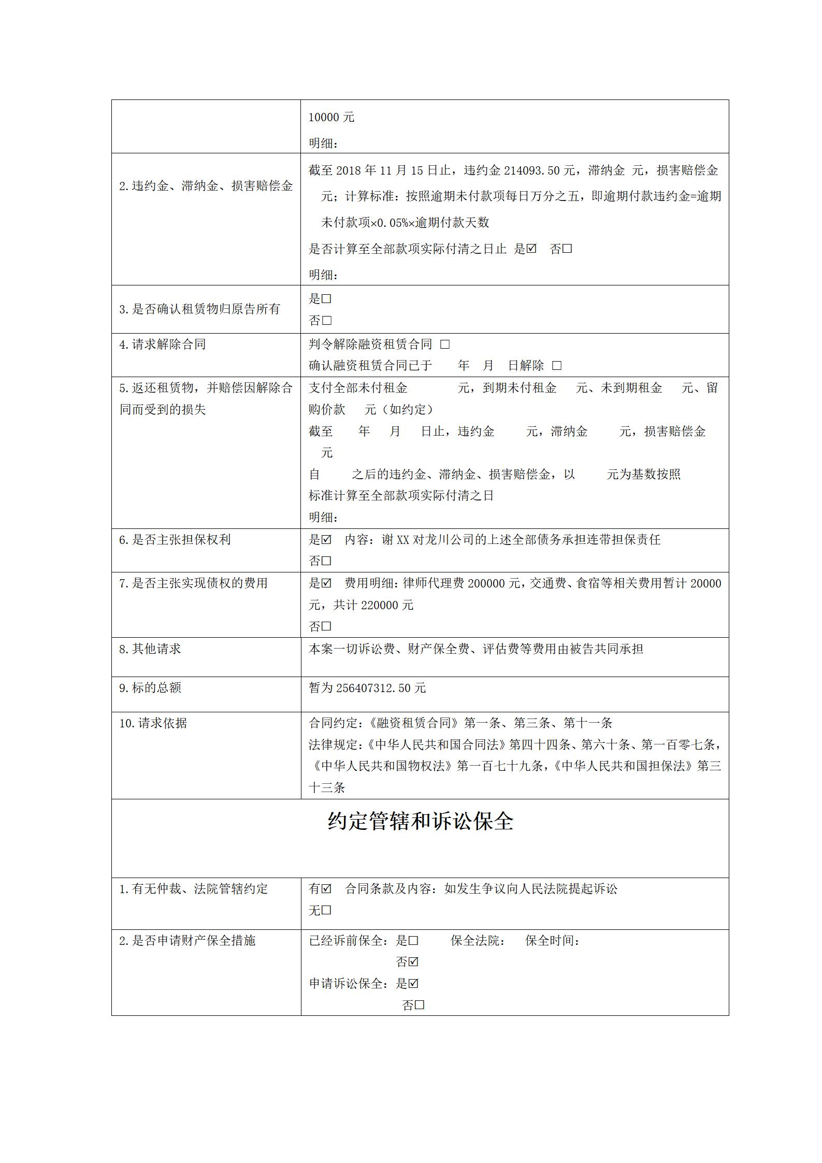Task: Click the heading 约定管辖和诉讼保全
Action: tap(420, 821)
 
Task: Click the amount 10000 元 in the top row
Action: tap(331, 118)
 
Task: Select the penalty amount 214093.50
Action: tap(532, 170)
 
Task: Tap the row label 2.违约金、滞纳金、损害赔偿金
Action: tap(206, 186)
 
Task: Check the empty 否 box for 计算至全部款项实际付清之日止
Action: tap(567, 249)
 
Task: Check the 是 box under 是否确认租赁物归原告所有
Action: tap(326, 299)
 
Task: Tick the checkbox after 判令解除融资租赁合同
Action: tap(445, 344)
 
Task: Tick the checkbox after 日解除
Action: tap(557, 366)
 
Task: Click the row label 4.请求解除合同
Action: tap(162, 344)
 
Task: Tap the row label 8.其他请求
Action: tap(150, 649)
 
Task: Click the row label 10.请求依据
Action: tap(153, 723)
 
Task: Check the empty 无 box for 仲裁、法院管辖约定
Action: tap(326, 910)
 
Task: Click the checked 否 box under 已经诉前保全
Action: tap(413, 962)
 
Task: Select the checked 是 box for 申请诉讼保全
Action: tap(413, 983)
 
